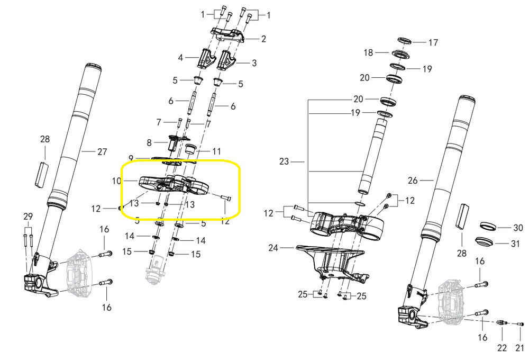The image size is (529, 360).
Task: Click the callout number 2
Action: [x=263, y=39]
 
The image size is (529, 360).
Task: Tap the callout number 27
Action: [x=102, y=152]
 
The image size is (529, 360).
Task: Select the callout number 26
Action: [x=413, y=181]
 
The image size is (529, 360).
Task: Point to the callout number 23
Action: [x=284, y=162]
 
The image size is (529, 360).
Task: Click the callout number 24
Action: [x=273, y=248]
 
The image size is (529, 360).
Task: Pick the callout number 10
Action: [x=116, y=181]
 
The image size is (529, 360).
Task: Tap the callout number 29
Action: [x=28, y=217]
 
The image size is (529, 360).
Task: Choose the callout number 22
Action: [x=502, y=347]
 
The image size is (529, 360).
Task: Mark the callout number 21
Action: [x=519, y=347]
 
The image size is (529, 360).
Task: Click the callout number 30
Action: [x=518, y=228]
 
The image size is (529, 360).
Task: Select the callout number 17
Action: [x=433, y=42]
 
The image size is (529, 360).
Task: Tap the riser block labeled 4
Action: [x=206, y=58]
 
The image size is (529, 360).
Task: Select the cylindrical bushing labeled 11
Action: [x=191, y=149]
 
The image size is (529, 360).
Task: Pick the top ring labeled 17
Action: [x=404, y=41]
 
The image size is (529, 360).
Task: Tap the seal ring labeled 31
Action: [x=484, y=242]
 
